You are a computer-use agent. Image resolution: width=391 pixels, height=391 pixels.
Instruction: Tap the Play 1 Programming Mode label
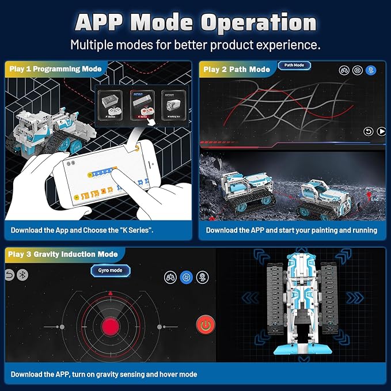coord(55,69)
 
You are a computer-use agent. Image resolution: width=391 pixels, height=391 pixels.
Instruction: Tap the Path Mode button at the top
coord(294,66)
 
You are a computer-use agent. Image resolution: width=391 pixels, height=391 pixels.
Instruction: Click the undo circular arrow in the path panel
coord(367,131)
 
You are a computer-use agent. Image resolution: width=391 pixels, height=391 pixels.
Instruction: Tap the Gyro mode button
coord(110,270)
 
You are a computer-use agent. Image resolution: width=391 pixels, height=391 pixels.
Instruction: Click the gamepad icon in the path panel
coord(344,70)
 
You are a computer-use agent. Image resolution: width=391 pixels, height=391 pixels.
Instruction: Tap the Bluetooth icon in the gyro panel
coord(22,275)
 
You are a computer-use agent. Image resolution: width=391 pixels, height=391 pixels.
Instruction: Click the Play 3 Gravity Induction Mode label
coord(63,254)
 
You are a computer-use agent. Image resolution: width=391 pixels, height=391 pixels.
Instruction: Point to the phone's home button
coord(137,148)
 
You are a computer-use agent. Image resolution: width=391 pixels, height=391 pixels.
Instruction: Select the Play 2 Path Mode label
coord(237,69)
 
